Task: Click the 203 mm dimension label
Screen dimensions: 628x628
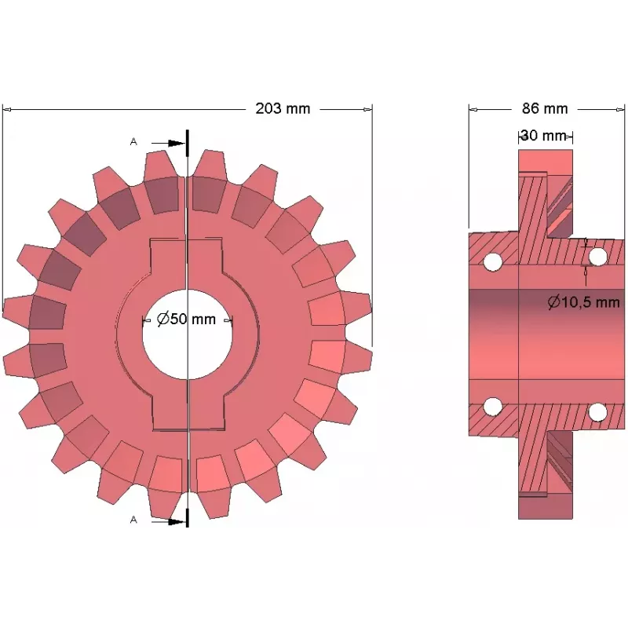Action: (x=283, y=108)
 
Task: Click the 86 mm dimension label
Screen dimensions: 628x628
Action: (x=545, y=108)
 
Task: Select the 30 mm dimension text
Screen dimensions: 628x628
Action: (x=544, y=136)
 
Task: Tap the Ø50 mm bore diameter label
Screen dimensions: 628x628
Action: (x=186, y=319)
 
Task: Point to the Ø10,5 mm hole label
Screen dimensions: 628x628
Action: (x=583, y=302)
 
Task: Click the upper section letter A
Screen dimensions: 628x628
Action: (x=133, y=141)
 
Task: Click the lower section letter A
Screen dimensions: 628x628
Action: (x=133, y=520)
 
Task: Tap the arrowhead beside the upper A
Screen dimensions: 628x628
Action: (x=176, y=143)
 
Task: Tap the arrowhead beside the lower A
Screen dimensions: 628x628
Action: (x=176, y=522)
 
